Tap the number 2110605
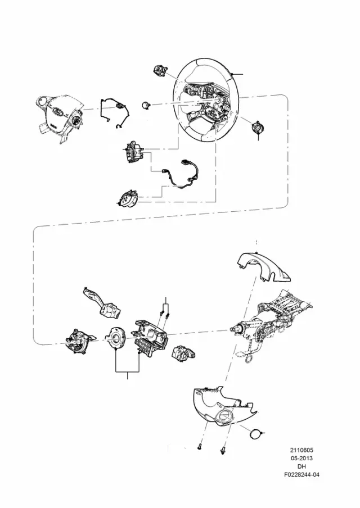pyautogui.click(x=301, y=450)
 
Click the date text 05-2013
pyautogui.click(x=301, y=458)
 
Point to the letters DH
pyautogui.click(x=301, y=466)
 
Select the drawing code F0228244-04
pyautogui.click(x=301, y=475)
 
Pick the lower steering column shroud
pyautogui.click(x=224, y=408)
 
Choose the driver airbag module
pyautogui.click(x=60, y=117)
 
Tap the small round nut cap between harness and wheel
pyautogui.click(x=146, y=105)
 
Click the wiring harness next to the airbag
pyautogui.click(x=115, y=112)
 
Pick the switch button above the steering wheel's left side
pyautogui.click(x=160, y=70)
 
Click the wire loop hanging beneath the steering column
pyautogui.click(x=249, y=359)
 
